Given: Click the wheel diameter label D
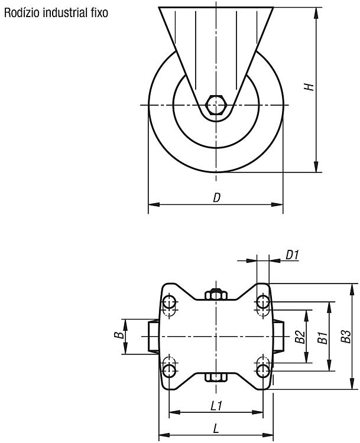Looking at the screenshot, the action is pyautogui.click(x=216, y=198).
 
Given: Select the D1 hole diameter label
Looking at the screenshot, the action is pyautogui.click(x=292, y=255).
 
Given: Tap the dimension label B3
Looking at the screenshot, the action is pyautogui.click(x=346, y=336).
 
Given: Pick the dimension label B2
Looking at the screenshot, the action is pyautogui.click(x=300, y=337).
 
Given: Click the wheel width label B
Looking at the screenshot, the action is pyautogui.click(x=119, y=335).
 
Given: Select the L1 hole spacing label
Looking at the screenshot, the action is pyautogui.click(x=216, y=406).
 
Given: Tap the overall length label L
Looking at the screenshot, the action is pyautogui.click(x=216, y=429).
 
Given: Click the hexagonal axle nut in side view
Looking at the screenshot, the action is pyautogui.click(x=216, y=105).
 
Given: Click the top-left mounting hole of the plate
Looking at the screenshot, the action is pyautogui.click(x=170, y=302).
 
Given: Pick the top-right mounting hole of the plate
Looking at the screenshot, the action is pyautogui.click(x=262, y=302).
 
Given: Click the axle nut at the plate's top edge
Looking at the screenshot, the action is pyautogui.click(x=216, y=294).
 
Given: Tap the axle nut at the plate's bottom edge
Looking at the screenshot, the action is pyautogui.click(x=216, y=377).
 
